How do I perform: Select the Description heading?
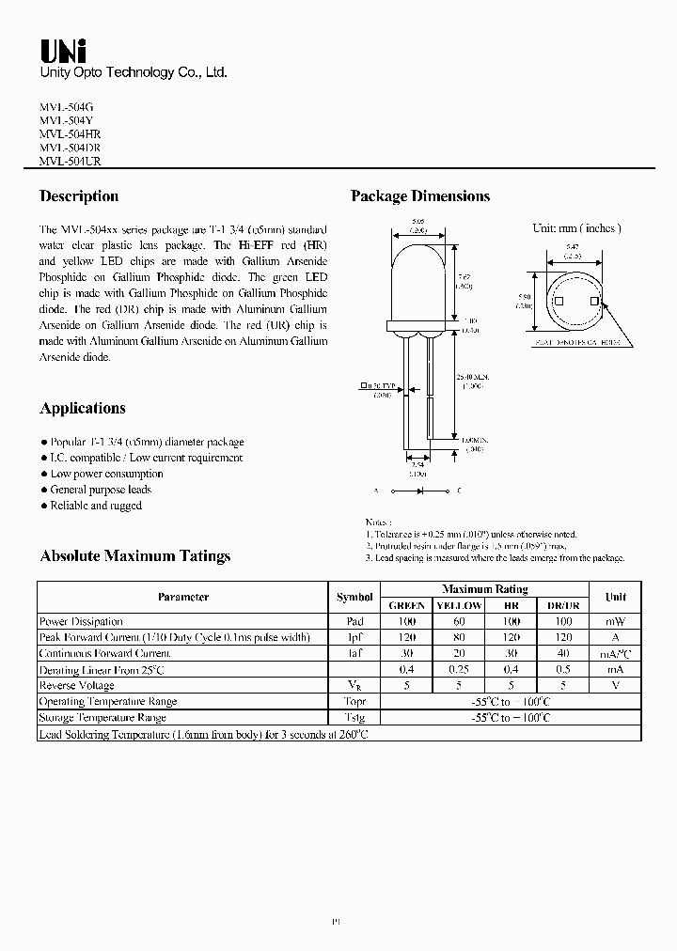tap(79, 196)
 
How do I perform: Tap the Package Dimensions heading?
tap(420, 196)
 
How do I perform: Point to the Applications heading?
tap(83, 408)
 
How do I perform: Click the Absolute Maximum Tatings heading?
tap(134, 555)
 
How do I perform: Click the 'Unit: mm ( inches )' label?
tap(576, 228)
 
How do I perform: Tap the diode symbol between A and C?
tap(419, 491)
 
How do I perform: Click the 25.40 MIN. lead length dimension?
tap(480, 380)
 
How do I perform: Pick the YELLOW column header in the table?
tap(459, 605)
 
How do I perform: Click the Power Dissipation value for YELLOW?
tap(459, 621)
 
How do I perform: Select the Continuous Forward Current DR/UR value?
tap(563, 653)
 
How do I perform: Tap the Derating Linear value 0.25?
tap(459, 669)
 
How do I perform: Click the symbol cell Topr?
tap(354, 701)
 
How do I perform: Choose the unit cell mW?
tap(615, 621)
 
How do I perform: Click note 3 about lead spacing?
tap(495, 558)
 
